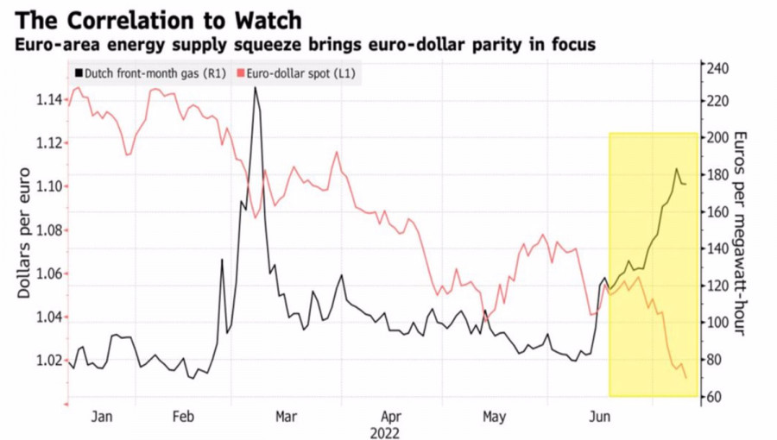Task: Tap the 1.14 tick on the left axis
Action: tap(48, 100)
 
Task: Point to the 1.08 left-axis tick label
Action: tap(48, 230)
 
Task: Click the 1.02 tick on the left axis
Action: tap(48, 361)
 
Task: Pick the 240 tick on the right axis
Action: tap(719, 69)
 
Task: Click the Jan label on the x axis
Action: tap(102, 417)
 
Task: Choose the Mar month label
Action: tap(286, 417)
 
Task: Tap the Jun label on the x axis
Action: tap(598, 417)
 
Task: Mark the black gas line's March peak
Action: tap(255, 88)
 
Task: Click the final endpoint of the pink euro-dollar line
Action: tap(686, 378)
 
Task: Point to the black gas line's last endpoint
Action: tap(686, 184)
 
